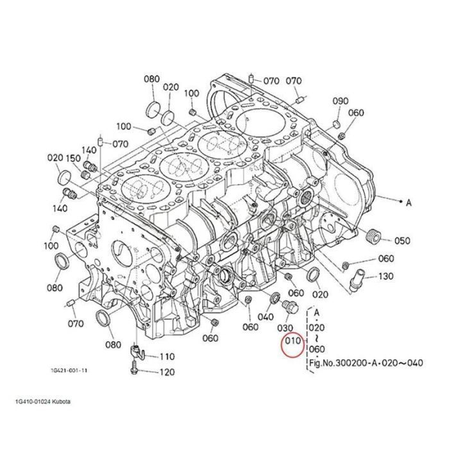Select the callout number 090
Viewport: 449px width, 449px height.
tap(341, 101)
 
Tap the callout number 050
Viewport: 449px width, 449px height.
tap(402, 241)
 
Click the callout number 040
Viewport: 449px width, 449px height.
tap(266, 316)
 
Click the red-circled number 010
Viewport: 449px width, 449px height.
tap(293, 341)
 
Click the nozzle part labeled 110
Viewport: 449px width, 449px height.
tap(137, 351)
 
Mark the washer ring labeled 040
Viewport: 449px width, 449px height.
tap(274, 298)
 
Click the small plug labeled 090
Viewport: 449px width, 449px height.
tap(337, 121)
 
